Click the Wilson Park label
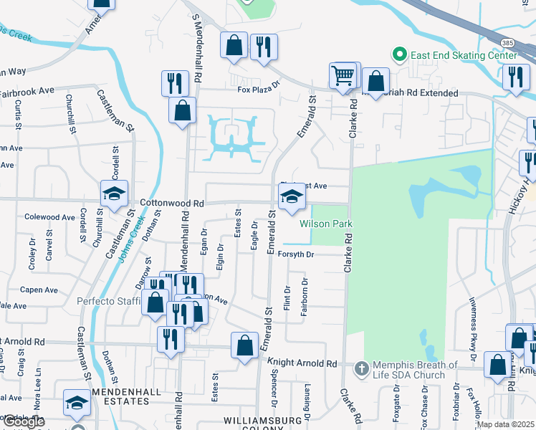point(326,224)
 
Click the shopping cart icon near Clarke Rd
point(343,75)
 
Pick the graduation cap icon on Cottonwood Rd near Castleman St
point(114,193)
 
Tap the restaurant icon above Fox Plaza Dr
point(264,47)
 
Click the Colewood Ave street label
point(49,216)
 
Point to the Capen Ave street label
point(39,290)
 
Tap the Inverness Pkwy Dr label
point(472,326)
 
